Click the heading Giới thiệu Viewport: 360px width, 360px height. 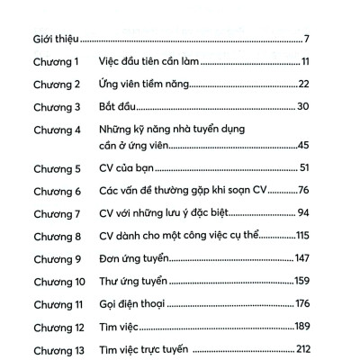click(x=50, y=40)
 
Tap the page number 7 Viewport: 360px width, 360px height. click(x=307, y=40)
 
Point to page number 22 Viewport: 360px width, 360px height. click(x=303, y=85)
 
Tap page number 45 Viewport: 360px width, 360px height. click(x=303, y=146)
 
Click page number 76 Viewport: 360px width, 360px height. click(x=303, y=191)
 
